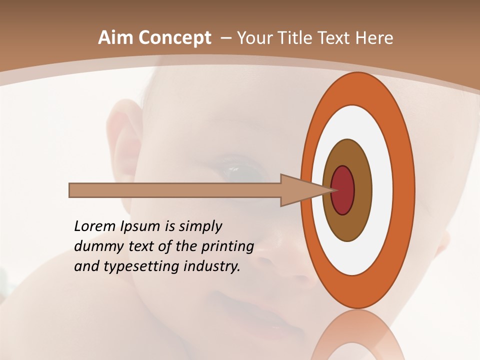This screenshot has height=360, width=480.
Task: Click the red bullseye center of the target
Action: pos(343,190)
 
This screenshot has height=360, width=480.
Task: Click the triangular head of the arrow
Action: pos(300,190)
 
